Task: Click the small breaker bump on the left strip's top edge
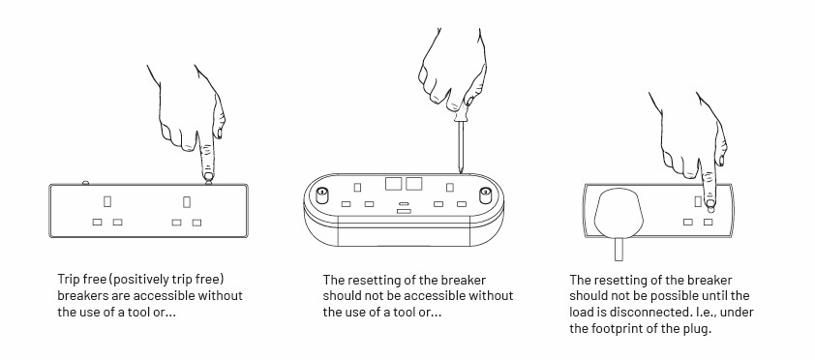[86, 183]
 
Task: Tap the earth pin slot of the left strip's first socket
[107, 201]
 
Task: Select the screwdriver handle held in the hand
[460, 111]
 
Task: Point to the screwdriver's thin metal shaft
[461, 147]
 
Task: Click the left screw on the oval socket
[321, 195]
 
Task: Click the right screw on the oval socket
[486, 195]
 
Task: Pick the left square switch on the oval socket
[393, 183]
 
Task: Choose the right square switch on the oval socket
[413, 183]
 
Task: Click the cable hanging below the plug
[619, 250]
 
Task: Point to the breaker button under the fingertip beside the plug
[710, 209]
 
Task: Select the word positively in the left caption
[139, 280]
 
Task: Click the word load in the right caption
[581, 313]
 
